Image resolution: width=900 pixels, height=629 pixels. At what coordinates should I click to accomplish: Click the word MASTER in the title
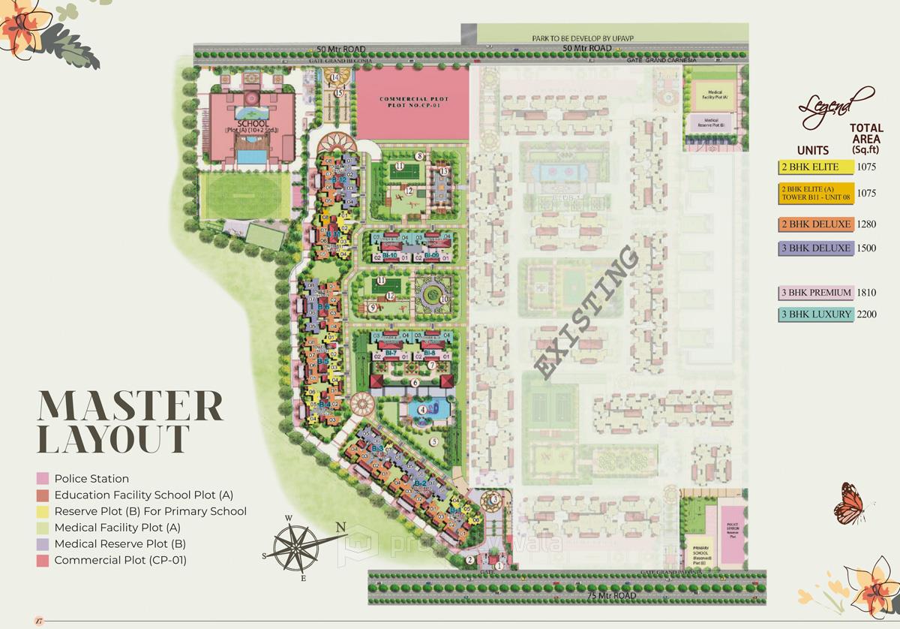coord(130,406)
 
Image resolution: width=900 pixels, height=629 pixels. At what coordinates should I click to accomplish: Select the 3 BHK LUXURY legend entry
coord(816,314)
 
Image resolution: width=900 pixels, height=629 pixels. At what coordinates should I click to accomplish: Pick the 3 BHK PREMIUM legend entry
coord(816,293)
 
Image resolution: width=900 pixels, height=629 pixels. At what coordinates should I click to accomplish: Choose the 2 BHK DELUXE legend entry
coord(816,224)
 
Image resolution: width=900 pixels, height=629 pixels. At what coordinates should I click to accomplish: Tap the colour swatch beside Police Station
coord(41,479)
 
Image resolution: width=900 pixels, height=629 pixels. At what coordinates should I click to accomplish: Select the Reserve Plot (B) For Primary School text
coord(150,512)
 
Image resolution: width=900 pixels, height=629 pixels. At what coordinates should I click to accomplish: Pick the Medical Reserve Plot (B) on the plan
coord(710,124)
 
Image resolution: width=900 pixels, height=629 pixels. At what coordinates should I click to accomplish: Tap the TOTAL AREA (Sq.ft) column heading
coord(865,139)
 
